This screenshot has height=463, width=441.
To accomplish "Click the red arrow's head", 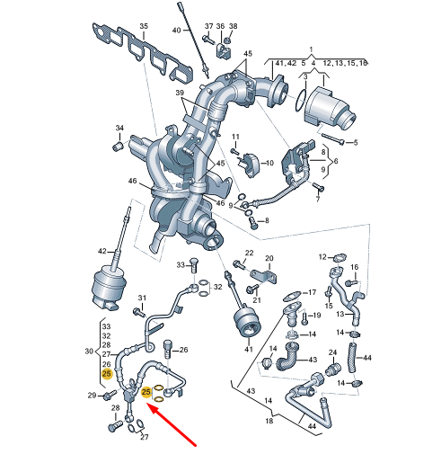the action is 152,408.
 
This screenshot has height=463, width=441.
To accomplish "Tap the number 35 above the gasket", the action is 144,26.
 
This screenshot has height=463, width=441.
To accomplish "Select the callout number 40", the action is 177,31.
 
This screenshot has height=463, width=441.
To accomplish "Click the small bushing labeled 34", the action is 118,147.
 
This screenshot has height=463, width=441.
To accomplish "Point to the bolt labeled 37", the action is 207,40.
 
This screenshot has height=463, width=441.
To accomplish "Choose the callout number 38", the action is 233,26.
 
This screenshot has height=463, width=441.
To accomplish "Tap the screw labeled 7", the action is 318,187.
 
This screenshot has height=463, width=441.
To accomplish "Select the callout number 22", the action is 250,254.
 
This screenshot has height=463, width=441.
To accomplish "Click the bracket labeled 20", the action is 263,277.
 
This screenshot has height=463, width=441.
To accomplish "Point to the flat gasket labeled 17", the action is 292,296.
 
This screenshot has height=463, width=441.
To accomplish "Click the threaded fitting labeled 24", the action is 334,370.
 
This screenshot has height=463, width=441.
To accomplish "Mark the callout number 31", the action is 142,298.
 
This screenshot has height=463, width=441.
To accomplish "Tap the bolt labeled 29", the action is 110,395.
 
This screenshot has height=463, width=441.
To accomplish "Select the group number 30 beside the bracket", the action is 89,351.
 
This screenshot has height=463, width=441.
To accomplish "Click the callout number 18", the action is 269,421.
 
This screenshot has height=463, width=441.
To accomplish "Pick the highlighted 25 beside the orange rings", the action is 146,392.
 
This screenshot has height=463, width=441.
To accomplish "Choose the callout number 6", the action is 336,161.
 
